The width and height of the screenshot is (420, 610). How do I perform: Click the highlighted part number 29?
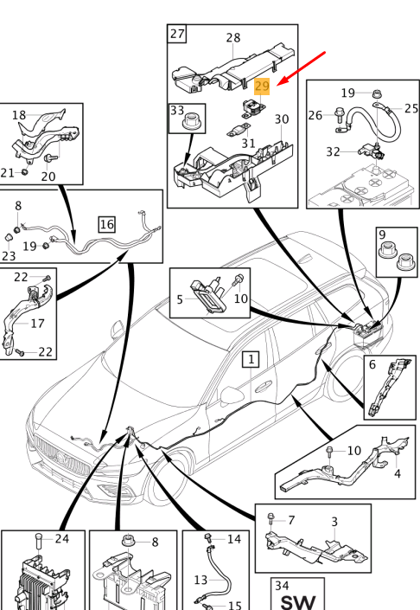tap(262, 87)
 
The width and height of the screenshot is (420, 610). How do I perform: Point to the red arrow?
tap(302, 68)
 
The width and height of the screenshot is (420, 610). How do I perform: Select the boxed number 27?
tap(177, 34)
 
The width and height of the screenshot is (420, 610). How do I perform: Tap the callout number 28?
tap(233, 38)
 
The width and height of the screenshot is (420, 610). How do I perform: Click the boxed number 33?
tap(177, 111)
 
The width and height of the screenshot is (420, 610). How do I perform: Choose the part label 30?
tap(282, 119)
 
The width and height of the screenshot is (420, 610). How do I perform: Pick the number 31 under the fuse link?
tap(248, 144)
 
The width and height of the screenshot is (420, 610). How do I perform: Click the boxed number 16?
tap(107, 224)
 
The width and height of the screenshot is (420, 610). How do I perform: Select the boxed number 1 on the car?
tap(251, 359)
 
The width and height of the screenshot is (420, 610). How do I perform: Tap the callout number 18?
tap(19, 115)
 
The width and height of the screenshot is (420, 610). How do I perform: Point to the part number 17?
tap(37, 324)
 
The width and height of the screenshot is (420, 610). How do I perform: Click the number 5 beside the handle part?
tap(180, 299)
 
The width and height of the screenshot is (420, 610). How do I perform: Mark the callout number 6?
tap(372, 364)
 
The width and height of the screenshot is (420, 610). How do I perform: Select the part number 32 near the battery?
tap(333, 151)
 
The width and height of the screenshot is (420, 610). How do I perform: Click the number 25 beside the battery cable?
tap(411, 108)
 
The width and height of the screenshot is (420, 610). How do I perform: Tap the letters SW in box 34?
tap(297, 602)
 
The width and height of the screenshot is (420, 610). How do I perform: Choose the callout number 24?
tap(62, 539)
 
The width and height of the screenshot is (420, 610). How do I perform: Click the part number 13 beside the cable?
tap(200, 580)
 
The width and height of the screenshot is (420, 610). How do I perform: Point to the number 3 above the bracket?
tap(334, 522)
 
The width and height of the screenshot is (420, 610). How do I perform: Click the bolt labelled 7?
tap(271, 517)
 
